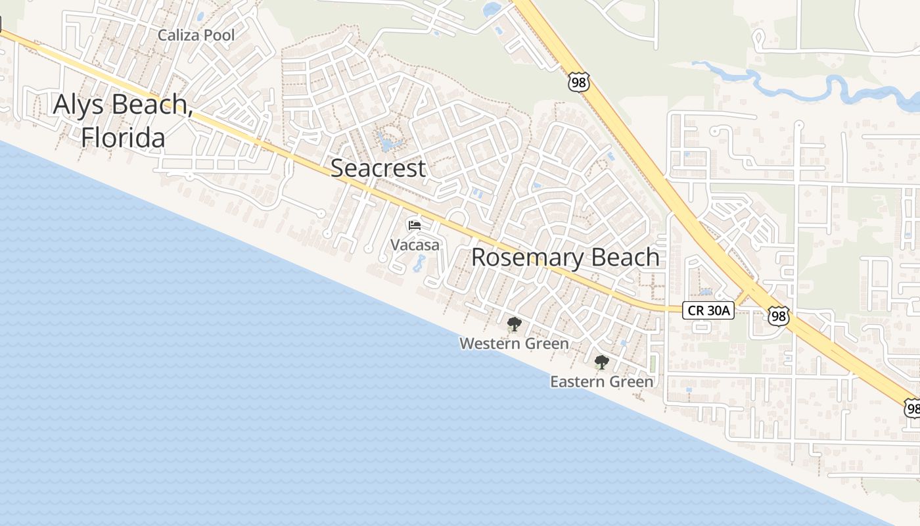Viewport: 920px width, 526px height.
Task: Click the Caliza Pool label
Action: (196, 35)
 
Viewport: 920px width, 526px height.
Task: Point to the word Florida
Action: (123, 138)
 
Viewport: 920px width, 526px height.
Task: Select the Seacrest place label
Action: (378, 168)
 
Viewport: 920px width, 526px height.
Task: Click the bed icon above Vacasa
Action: (415, 226)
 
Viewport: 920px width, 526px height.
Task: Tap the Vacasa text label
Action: (415, 245)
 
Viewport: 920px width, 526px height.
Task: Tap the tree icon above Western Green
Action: (514, 323)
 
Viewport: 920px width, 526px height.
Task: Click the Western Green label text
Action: (514, 343)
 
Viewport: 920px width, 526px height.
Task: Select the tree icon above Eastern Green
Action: (601, 362)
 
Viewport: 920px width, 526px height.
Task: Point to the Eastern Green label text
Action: (601, 381)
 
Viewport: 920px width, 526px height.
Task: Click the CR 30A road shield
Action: (708, 310)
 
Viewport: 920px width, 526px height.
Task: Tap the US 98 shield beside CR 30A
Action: (778, 315)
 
